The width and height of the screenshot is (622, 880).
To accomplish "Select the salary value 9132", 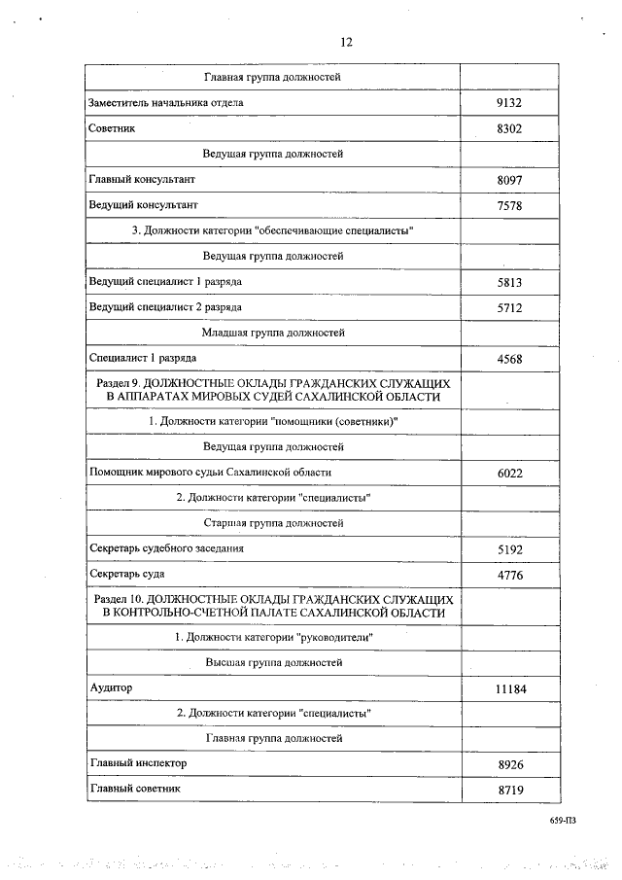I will coord(510,103).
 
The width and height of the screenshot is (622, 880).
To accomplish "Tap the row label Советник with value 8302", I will coord(111,128).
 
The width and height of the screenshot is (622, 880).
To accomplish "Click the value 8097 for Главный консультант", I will coord(510,181).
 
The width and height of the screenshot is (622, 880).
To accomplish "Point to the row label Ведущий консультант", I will coord(143,205).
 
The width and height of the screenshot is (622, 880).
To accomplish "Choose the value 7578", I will coord(510,206).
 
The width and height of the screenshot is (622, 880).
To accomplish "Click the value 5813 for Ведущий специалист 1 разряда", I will coord(510,283).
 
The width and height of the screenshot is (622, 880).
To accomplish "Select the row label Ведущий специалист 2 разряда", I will coord(165,307).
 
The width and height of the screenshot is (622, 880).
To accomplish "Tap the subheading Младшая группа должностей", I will coord(273,333).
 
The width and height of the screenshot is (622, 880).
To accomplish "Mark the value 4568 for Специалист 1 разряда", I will coord(510,359).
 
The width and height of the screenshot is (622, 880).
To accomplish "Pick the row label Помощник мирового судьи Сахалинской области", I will coord(210,472).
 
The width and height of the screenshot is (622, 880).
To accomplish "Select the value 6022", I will coord(510,473).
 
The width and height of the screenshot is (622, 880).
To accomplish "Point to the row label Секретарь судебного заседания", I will coord(166,548).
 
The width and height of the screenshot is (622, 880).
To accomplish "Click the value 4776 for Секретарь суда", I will coord(510,575).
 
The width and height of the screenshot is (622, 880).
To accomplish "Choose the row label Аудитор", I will coord(110,687).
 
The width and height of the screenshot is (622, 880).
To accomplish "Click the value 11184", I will coord(510,689).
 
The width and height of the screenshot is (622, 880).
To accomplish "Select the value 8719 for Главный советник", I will coord(510,791).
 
